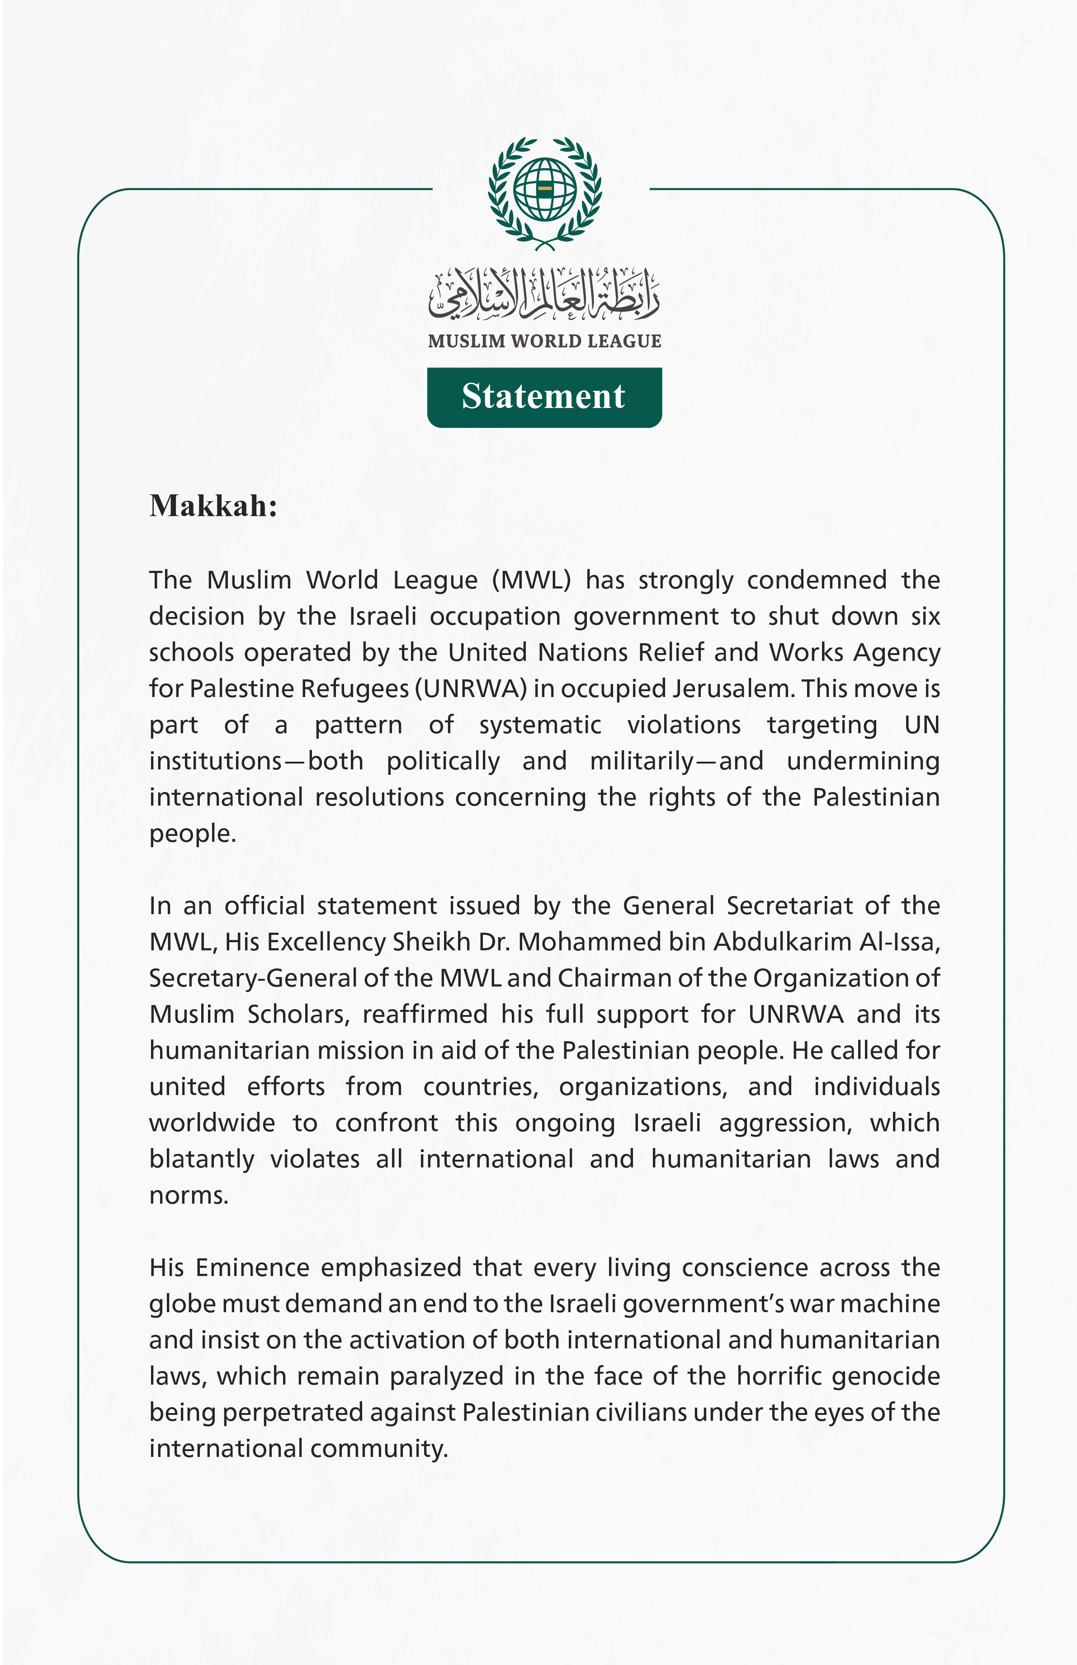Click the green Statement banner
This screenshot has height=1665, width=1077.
click(x=544, y=397)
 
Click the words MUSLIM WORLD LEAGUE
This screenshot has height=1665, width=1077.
click(x=544, y=342)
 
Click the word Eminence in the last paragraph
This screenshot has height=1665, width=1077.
click(x=253, y=1268)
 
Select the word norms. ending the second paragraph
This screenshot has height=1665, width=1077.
click(x=189, y=1195)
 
